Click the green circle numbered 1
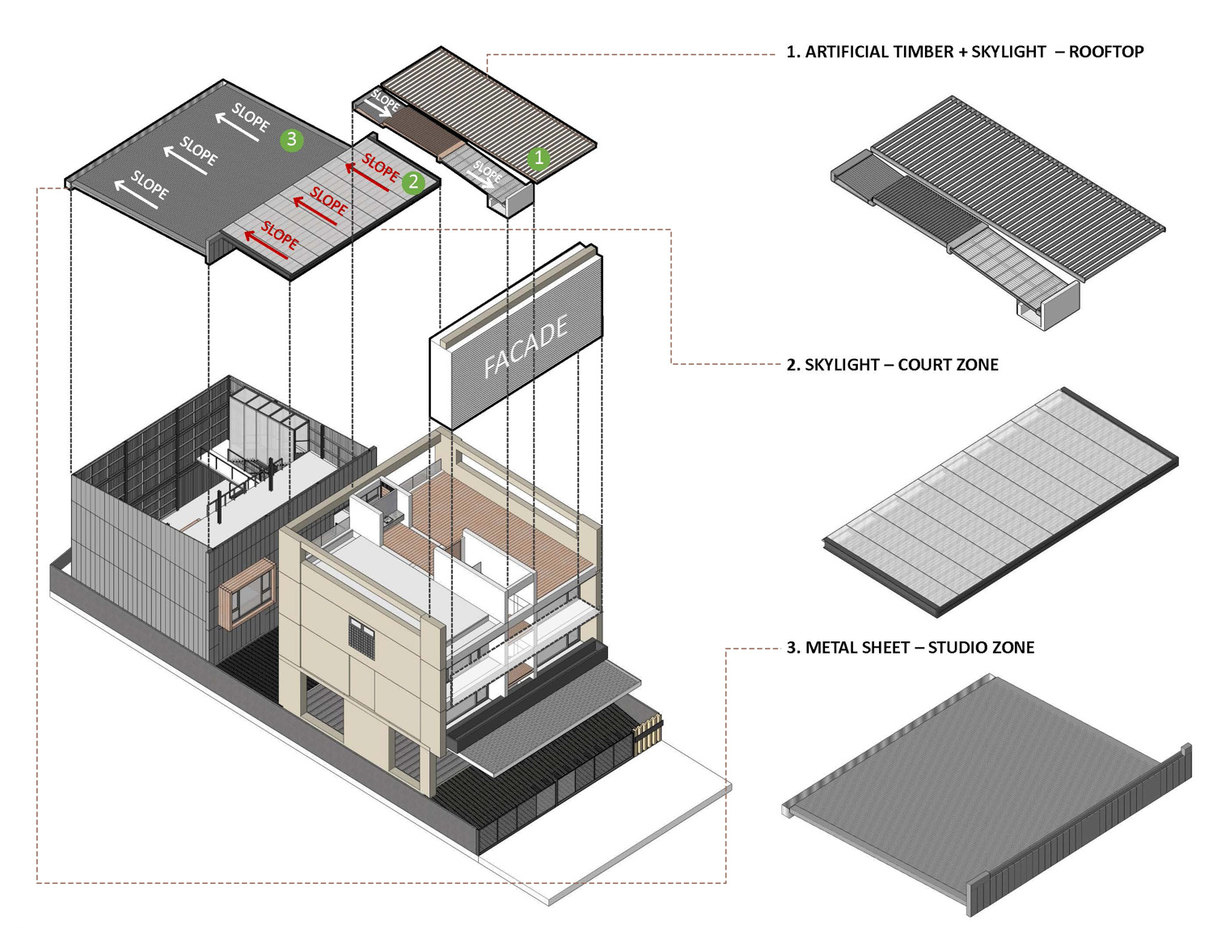tap(539, 158)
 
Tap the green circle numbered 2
tap(413, 181)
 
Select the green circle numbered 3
tap(291, 140)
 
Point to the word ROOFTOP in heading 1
tap(1105, 52)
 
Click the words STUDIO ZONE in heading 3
tap(981, 648)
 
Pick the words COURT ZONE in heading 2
tap(948, 365)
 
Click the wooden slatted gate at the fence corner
tap(648, 732)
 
